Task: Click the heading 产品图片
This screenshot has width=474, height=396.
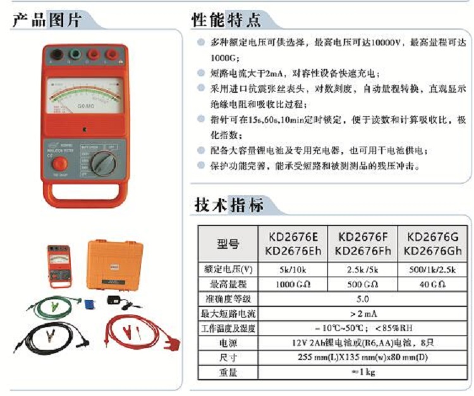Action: point(47,20)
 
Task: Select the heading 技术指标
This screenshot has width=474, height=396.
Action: point(228,205)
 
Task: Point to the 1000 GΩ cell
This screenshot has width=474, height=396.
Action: point(292,284)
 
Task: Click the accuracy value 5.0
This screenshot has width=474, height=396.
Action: point(363,298)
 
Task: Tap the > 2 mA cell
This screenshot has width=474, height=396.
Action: point(363,313)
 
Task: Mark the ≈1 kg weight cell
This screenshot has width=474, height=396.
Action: point(363,373)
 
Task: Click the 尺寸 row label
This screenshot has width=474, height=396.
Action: point(228,357)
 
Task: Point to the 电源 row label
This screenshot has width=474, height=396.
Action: point(228,343)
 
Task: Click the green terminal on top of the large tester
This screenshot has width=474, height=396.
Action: point(78,55)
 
